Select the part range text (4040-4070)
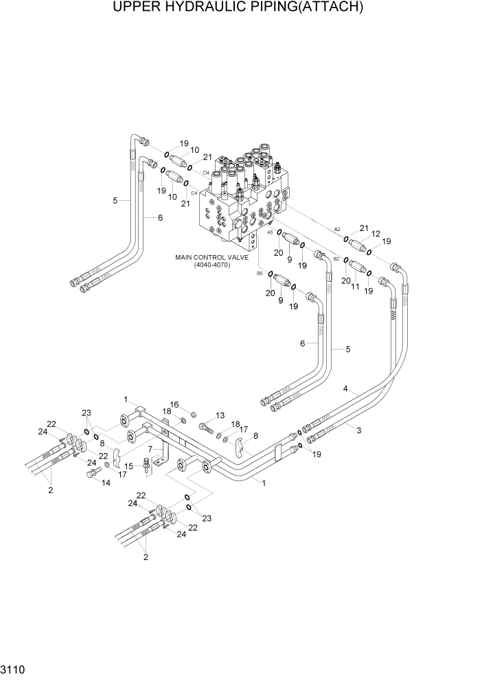(211, 265)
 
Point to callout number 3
(358, 430)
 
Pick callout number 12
(375, 235)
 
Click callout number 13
(220, 415)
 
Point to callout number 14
(105, 483)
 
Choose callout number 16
(174, 404)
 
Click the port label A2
(337, 229)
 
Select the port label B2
(336, 258)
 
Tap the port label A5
(270, 233)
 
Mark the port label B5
(260, 274)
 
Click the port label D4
(206, 173)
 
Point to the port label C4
(194, 193)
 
